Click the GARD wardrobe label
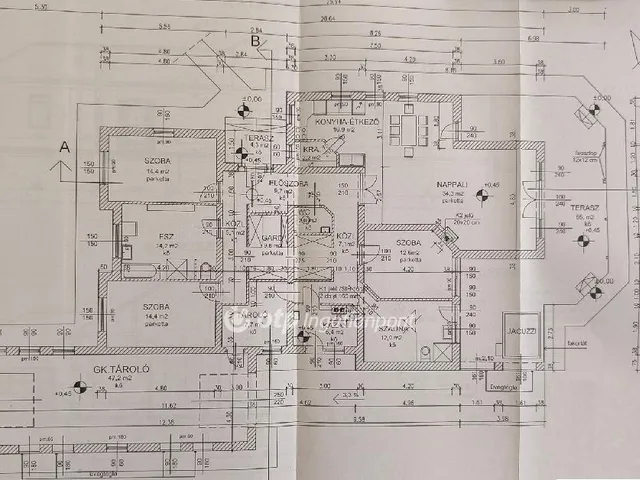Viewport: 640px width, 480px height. point(270,236)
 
